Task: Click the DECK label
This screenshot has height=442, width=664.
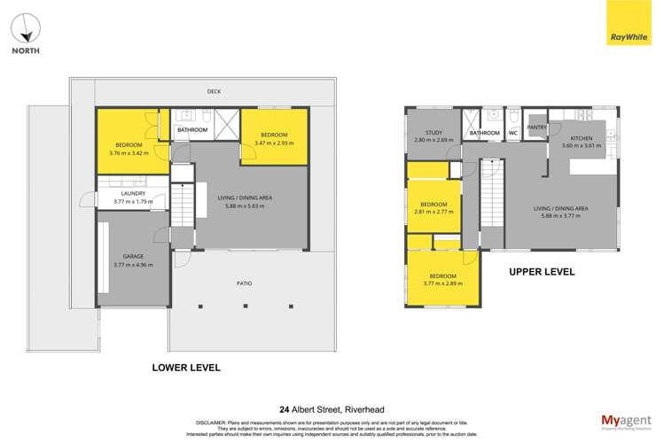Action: (x=214, y=90)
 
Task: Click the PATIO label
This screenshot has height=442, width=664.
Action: (x=244, y=283)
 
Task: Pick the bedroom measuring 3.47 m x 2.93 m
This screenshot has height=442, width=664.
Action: (x=275, y=138)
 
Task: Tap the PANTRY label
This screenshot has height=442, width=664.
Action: (x=536, y=128)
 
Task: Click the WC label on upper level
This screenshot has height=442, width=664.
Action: (x=512, y=134)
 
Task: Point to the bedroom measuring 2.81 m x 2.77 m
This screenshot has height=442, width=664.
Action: (x=434, y=207)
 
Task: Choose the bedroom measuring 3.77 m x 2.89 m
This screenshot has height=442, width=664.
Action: (x=442, y=280)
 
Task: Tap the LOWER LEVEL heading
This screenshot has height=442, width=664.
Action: (x=185, y=367)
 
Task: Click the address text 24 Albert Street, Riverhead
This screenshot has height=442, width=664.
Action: (x=331, y=409)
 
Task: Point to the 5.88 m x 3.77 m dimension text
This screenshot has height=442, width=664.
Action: (x=560, y=212)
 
